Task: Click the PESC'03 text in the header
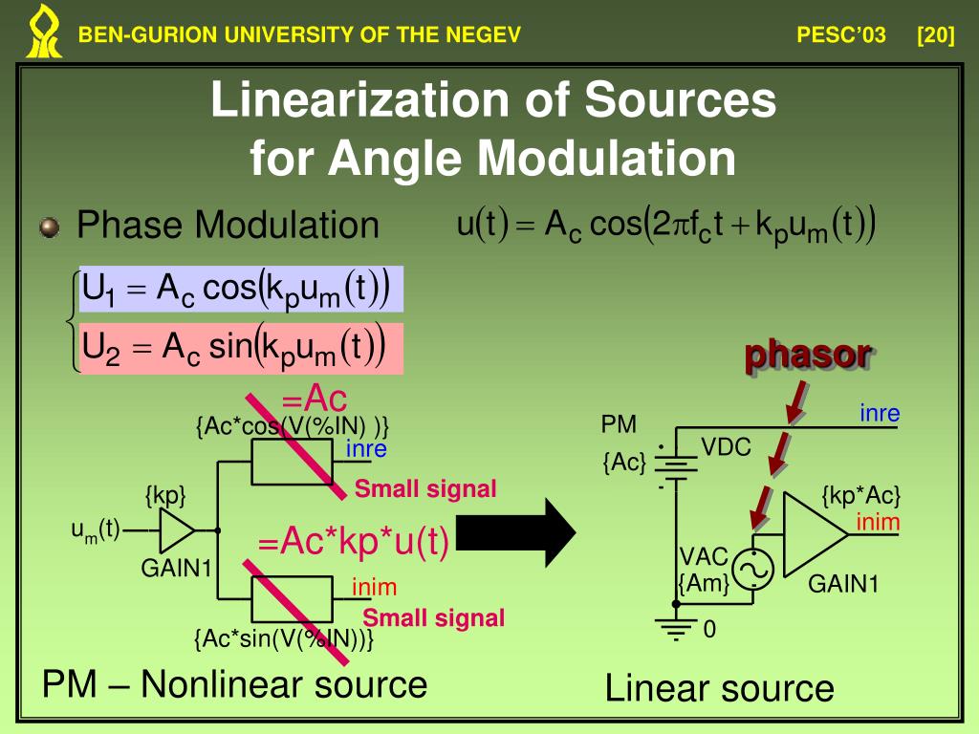pos(841,36)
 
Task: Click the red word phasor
pos(809,354)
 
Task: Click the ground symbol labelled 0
pos(676,627)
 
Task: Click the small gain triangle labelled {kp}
pos(177,529)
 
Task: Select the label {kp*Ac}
pos(861,495)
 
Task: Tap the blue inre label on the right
pos(880,414)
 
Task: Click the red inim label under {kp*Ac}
pos(878,523)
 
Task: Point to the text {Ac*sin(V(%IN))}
pos(283,638)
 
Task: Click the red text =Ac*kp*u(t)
pos(354,542)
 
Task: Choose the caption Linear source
pos(719,688)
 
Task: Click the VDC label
pos(727,447)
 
